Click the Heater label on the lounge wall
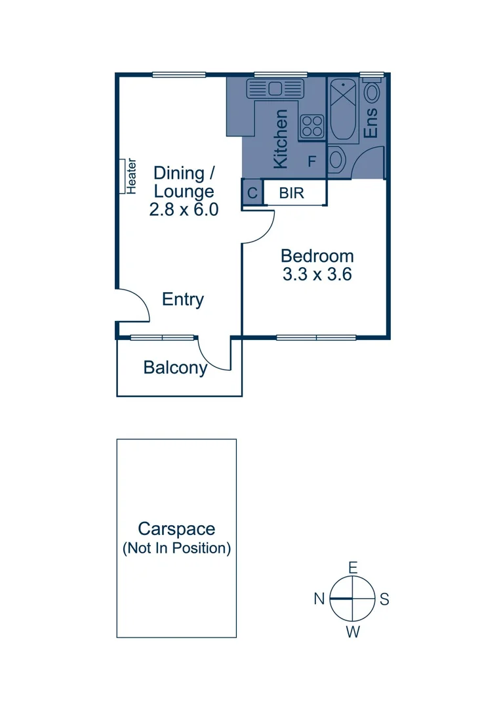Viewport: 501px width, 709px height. [131, 176]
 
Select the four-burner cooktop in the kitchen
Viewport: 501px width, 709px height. [312, 126]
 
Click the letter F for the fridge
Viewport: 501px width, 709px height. [312, 161]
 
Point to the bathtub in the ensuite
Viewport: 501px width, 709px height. [341, 110]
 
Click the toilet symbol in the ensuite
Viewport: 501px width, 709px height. [336, 160]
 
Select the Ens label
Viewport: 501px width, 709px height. [371, 122]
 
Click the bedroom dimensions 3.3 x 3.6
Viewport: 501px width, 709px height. [317, 274]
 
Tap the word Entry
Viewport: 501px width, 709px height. [183, 299]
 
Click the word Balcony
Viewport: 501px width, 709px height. [175, 368]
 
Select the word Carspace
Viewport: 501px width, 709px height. [176, 529]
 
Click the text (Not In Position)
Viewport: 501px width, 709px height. [176, 548]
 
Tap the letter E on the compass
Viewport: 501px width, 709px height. [353, 568]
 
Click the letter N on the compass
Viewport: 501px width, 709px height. [319, 599]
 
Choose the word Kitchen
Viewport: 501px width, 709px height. [281, 139]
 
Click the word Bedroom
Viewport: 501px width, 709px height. [317, 256]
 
